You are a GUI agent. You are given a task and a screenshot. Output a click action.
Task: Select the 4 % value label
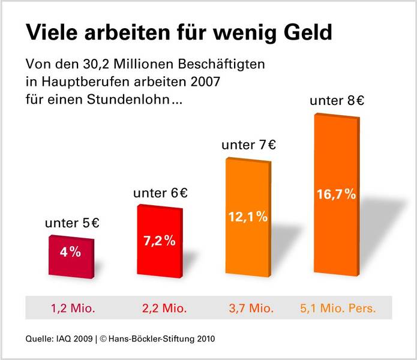(70, 252)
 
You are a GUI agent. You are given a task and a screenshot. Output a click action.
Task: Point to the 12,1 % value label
(247, 217)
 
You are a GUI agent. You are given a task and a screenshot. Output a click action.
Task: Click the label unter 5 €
(72, 224)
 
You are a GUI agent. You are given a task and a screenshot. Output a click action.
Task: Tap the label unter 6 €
(160, 193)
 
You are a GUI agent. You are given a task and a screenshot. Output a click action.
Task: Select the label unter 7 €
(248, 146)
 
